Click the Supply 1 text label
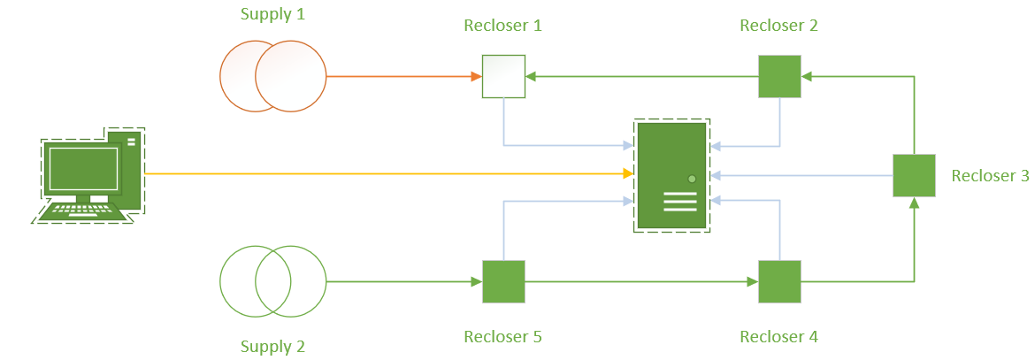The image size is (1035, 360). pyautogui.click(x=272, y=15)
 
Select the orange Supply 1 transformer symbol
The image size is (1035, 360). pyautogui.click(x=272, y=77)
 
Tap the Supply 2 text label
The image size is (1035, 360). pyautogui.click(x=272, y=346)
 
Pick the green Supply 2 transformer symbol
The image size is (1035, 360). pyautogui.click(x=272, y=281)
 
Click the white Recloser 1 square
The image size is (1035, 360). pyautogui.click(x=503, y=77)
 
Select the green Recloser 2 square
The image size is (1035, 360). pyautogui.click(x=779, y=77)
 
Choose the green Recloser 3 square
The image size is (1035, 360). pyautogui.click(x=914, y=175)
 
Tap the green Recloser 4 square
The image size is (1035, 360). pyautogui.click(x=779, y=281)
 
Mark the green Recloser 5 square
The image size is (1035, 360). pyautogui.click(x=503, y=281)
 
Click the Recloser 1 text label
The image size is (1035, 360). pyautogui.click(x=502, y=26)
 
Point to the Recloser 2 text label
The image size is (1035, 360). pyautogui.click(x=778, y=26)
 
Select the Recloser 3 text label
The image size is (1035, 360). pyautogui.click(x=990, y=176)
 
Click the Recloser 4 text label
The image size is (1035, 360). pyautogui.click(x=778, y=337)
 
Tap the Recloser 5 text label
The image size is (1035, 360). pyautogui.click(x=502, y=337)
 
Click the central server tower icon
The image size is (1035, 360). pyautogui.click(x=671, y=175)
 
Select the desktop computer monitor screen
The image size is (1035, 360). pyautogui.click(x=83, y=168)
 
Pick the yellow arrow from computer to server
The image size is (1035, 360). pyautogui.click(x=389, y=174)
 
